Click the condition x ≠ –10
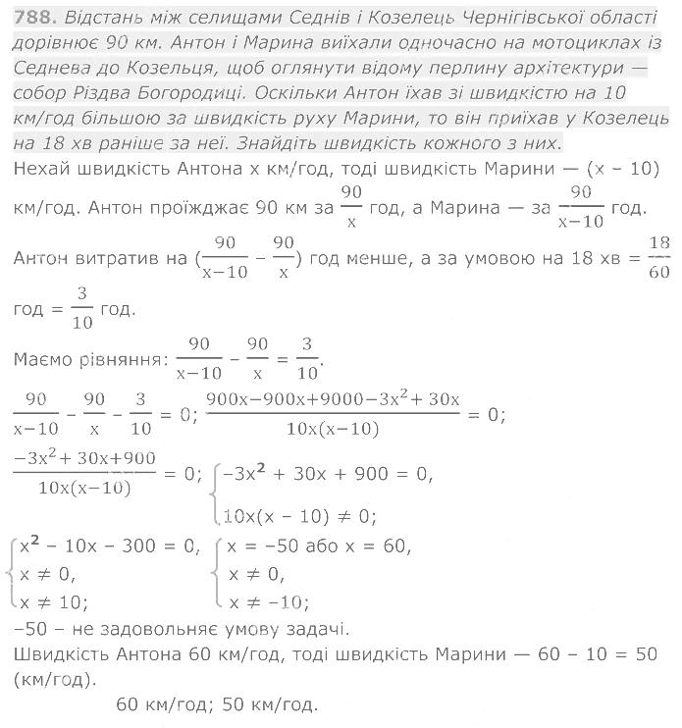(269, 601)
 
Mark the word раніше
(126, 142)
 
